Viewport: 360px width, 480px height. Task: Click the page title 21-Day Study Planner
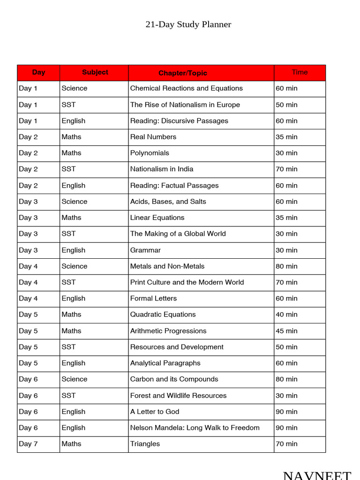188,24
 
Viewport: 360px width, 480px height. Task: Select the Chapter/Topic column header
182,73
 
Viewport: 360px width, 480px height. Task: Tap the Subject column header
95,72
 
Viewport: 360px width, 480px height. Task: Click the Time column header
300,72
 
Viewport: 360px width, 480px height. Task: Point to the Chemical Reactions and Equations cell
186,88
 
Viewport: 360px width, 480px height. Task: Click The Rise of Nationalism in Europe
185,105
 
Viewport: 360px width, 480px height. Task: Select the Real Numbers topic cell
153,137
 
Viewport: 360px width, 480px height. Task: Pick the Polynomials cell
150,153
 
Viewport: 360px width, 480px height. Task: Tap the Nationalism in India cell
162,169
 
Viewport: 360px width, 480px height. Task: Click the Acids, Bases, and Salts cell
168,202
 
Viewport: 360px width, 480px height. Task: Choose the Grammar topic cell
145,250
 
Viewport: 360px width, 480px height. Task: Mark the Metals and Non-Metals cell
167,266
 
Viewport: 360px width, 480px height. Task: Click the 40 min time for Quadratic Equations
286,315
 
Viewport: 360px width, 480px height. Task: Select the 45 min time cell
286,331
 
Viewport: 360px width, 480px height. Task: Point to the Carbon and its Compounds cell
174,379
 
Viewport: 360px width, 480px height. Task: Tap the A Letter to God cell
155,412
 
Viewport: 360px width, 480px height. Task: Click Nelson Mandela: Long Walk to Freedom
195,427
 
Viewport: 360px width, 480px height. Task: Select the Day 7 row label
28,444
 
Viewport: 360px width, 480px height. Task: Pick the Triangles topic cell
145,444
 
